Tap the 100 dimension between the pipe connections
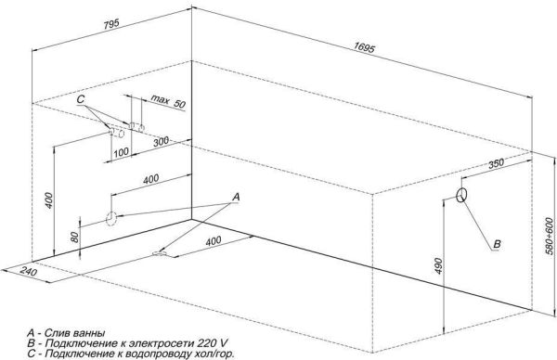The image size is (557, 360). coord(120,151)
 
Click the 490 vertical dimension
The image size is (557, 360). coord(434,264)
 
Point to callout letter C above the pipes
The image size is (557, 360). coord(81,98)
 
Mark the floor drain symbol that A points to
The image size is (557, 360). coord(162,252)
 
